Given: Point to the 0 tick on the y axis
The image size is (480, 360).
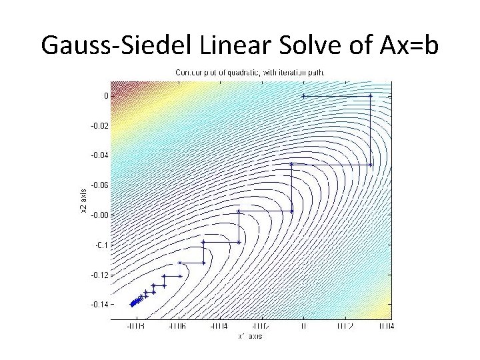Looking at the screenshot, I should tap(105, 95).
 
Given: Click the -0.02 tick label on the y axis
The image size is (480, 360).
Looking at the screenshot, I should tap(101, 125).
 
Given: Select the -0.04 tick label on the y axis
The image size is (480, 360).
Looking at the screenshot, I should tap(101, 155).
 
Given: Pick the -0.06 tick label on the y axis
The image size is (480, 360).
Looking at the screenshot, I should tap(101, 185).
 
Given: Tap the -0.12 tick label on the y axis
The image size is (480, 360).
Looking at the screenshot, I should tap(101, 275).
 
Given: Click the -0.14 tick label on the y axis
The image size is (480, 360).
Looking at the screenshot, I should tap(101, 304).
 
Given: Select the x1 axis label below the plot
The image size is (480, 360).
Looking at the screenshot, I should tap(250, 336).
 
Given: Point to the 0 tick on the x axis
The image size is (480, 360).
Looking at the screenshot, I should tap(303, 327).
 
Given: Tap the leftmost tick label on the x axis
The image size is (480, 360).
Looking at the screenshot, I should tap(135, 327).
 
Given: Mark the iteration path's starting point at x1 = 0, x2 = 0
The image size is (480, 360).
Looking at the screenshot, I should tap(303, 95).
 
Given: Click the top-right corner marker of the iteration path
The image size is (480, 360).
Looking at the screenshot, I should tap(371, 95).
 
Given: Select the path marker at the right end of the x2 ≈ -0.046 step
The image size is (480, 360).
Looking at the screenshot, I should tap(371, 164).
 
